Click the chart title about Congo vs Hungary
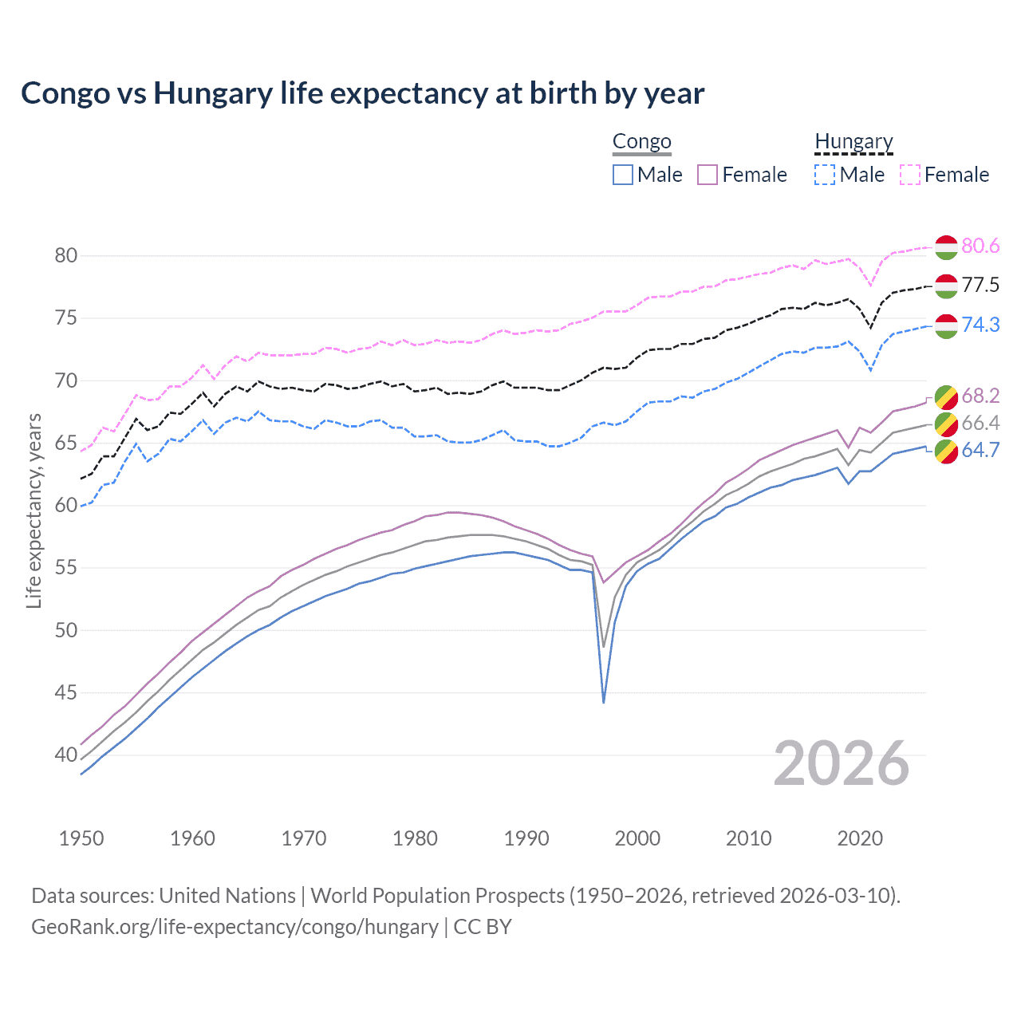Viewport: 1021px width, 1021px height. point(362,93)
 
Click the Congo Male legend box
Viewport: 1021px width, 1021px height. point(623,175)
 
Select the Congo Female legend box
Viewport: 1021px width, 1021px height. point(708,175)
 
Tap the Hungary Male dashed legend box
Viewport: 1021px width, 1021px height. point(825,175)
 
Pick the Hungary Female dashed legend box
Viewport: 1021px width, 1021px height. point(910,175)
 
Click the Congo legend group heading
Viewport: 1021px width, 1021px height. point(641,142)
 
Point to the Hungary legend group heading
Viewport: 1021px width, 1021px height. point(853,142)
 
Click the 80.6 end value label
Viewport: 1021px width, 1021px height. point(980,246)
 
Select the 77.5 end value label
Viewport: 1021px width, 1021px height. point(980,286)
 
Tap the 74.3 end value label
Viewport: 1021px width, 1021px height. point(980,325)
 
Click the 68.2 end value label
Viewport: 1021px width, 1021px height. point(980,396)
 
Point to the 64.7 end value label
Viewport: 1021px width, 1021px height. point(980,450)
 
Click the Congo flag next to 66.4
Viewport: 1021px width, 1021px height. point(946,424)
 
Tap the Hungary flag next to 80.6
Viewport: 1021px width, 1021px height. point(946,247)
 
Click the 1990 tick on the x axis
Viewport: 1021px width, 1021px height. point(526,838)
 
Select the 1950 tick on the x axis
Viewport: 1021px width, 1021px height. point(81,838)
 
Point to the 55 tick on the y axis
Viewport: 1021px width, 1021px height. point(66,568)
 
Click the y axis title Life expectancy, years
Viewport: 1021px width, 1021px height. point(34,510)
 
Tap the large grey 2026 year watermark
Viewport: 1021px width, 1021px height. point(841,763)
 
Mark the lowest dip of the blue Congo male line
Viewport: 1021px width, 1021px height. point(604,702)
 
